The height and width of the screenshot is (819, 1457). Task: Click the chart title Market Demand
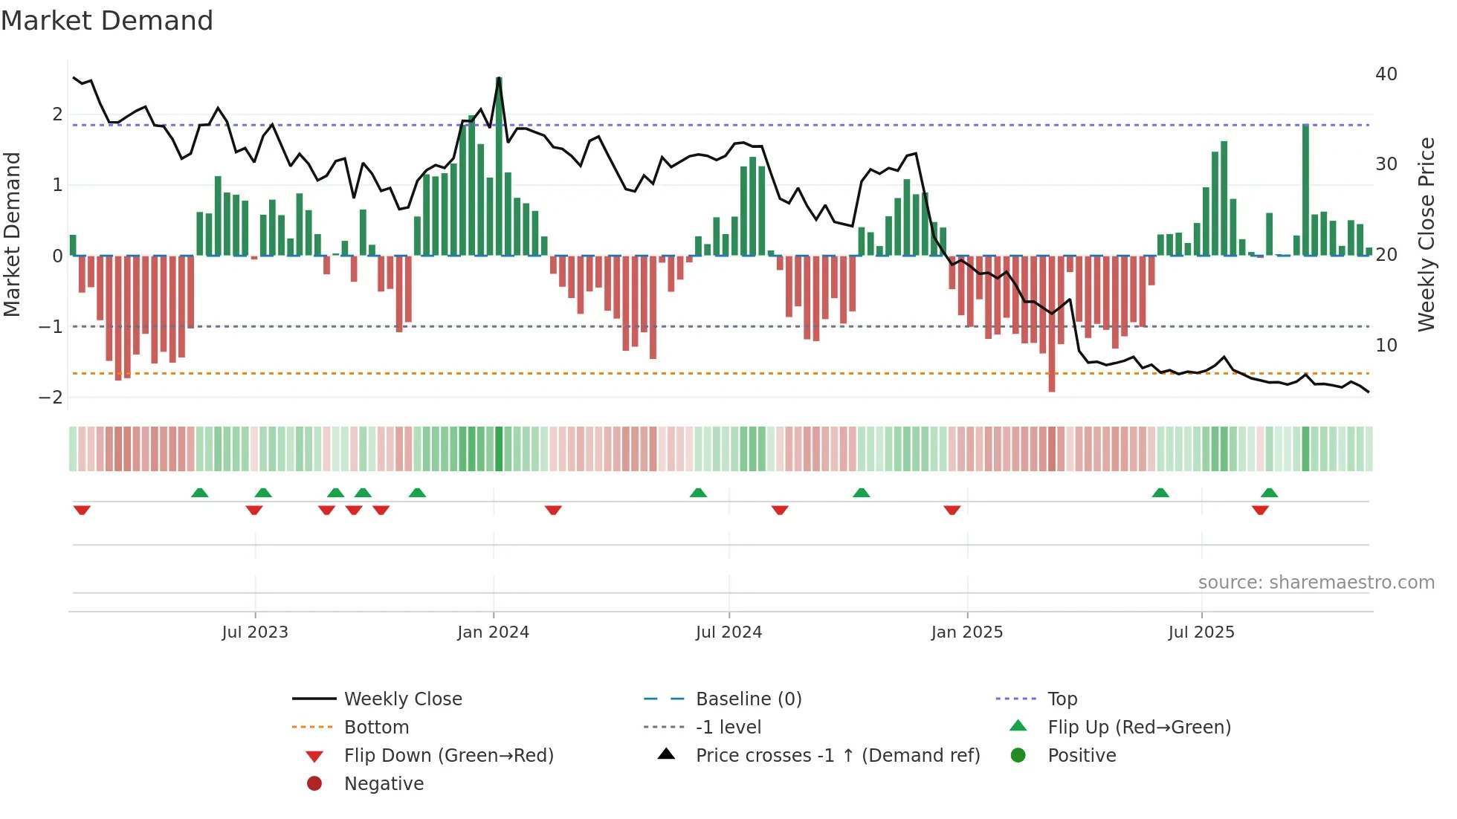click(107, 21)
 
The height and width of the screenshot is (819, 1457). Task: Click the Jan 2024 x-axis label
click(493, 632)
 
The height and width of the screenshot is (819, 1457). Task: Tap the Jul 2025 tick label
click(1201, 632)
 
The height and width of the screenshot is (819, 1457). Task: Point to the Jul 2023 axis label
click(255, 632)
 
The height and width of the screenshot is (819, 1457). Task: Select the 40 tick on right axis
click(1386, 74)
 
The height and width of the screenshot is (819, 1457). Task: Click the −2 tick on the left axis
click(51, 397)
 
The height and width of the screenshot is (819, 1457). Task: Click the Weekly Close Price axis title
click(1426, 234)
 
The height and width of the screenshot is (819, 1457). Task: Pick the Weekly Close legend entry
click(402, 699)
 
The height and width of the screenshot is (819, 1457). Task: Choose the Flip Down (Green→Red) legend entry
click(448, 756)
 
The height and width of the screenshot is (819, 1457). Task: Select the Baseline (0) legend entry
click(748, 699)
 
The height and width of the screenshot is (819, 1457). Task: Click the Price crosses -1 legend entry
click(837, 756)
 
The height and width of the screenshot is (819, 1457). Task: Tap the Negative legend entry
click(384, 784)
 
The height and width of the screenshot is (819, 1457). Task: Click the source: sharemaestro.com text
click(1316, 583)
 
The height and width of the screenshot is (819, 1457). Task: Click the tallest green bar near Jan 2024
click(499, 167)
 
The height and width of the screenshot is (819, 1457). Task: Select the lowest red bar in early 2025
click(1052, 323)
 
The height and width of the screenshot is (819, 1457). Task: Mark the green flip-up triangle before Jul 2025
click(1160, 493)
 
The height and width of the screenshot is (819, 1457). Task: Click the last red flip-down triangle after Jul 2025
click(1260, 510)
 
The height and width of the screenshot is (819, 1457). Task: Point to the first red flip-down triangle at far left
click(82, 510)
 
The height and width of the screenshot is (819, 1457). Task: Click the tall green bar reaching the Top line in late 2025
click(1305, 190)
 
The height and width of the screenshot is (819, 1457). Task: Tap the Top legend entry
click(1062, 699)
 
